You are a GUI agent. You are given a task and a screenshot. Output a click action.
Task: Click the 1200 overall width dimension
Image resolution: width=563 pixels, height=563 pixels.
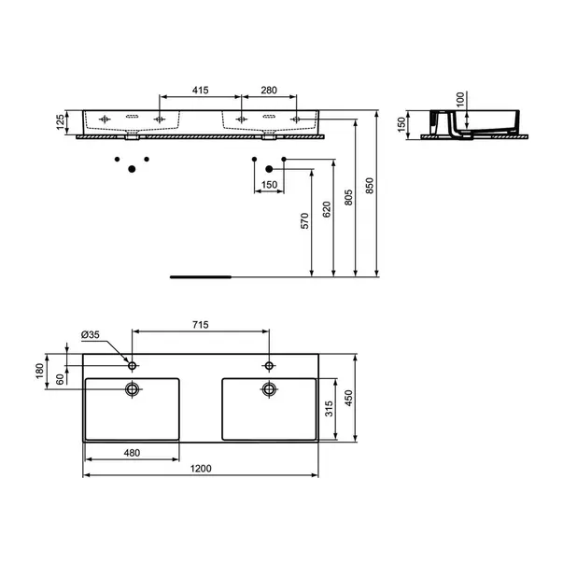pos(201,469)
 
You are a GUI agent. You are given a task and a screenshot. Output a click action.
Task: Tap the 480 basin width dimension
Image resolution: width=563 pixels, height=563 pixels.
pos(132,453)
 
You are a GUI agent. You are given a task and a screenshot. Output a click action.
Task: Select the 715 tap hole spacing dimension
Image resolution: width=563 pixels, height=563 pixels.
pos(201,325)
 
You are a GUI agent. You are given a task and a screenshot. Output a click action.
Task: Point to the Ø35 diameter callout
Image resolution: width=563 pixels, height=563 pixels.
pos(91,335)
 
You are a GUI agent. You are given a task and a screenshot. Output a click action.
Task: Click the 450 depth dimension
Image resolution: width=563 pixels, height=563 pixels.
pos(348,398)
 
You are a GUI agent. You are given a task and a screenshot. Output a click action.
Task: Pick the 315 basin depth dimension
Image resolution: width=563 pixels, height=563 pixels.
pos(329,409)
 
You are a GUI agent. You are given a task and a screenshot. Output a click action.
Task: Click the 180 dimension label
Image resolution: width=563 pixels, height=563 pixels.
pos(40,371)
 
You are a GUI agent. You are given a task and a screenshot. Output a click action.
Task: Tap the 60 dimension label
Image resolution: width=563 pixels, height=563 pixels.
pos(60,379)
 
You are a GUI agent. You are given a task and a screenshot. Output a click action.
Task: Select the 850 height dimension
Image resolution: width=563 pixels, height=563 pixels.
pos(370,186)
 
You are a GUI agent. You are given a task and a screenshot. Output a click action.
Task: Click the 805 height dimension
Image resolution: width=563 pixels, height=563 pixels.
pos(348,198)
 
